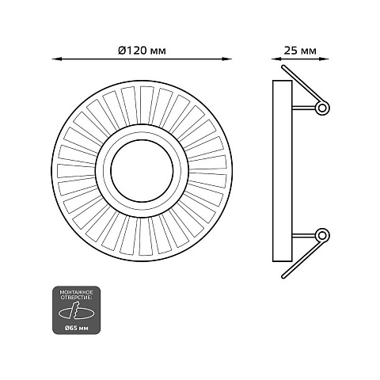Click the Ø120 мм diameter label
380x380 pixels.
pyautogui.click(x=142, y=51)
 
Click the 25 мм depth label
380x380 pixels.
pyautogui.click(x=300, y=51)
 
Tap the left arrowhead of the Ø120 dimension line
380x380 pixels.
pyautogui.click(x=55, y=59)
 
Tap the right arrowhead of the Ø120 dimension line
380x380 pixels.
pyautogui.click(x=228, y=59)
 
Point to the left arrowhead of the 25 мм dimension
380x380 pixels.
pyautogui.click(x=275, y=59)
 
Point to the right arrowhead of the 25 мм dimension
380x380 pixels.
pyautogui.click(x=325, y=59)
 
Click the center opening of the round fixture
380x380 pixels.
pyautogui.click(x=142, y=171)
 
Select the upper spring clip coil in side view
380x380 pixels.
pyautogui.click(x=322, y=108)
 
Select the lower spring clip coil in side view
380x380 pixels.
pyautogui.click(x=322, y=235)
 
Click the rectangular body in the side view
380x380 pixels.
pyautogui.click(x=283, y=171)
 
